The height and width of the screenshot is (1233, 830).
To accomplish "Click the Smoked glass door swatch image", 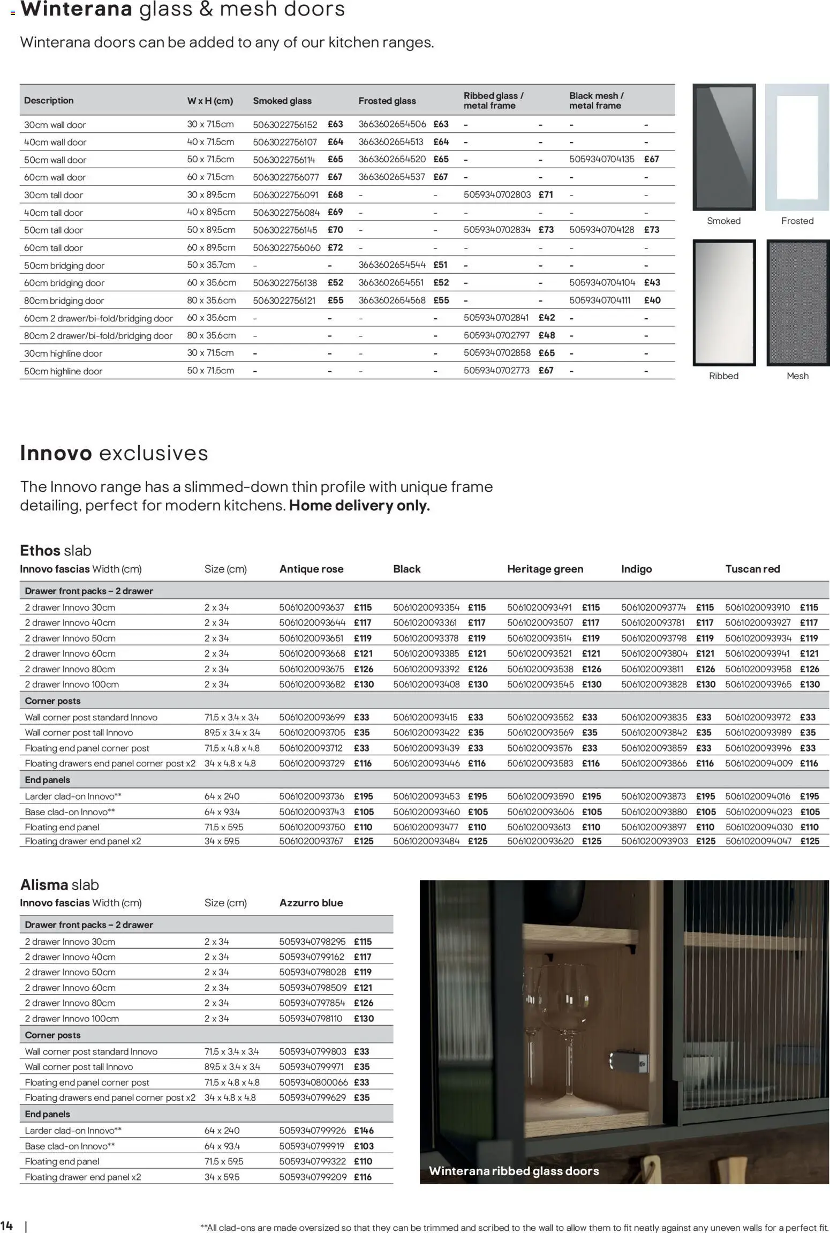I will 724,147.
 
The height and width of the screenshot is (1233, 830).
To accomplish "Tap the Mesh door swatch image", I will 797,303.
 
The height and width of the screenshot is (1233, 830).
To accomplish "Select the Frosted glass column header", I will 387,101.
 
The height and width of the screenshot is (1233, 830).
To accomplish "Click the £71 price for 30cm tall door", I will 546,194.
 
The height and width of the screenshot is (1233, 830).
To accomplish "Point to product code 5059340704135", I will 601,159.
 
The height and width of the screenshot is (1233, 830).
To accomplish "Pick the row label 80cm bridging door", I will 64,300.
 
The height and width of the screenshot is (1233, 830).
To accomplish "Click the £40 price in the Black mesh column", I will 652,300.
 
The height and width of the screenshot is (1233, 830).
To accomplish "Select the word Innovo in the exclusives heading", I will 56,453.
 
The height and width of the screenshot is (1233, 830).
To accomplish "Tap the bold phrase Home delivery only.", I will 359,506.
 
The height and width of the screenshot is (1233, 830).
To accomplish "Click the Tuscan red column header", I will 752,569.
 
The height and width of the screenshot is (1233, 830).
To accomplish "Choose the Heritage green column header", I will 545,569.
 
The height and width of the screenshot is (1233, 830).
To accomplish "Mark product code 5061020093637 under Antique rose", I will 312,607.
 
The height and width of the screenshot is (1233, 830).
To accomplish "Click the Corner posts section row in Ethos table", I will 52,701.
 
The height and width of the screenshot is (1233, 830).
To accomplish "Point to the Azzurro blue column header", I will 311,903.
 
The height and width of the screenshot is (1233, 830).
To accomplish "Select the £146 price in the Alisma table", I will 364,1131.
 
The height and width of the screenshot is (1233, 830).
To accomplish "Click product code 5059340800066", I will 313,1082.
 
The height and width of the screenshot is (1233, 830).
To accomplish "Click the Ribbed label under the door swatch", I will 723,376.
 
